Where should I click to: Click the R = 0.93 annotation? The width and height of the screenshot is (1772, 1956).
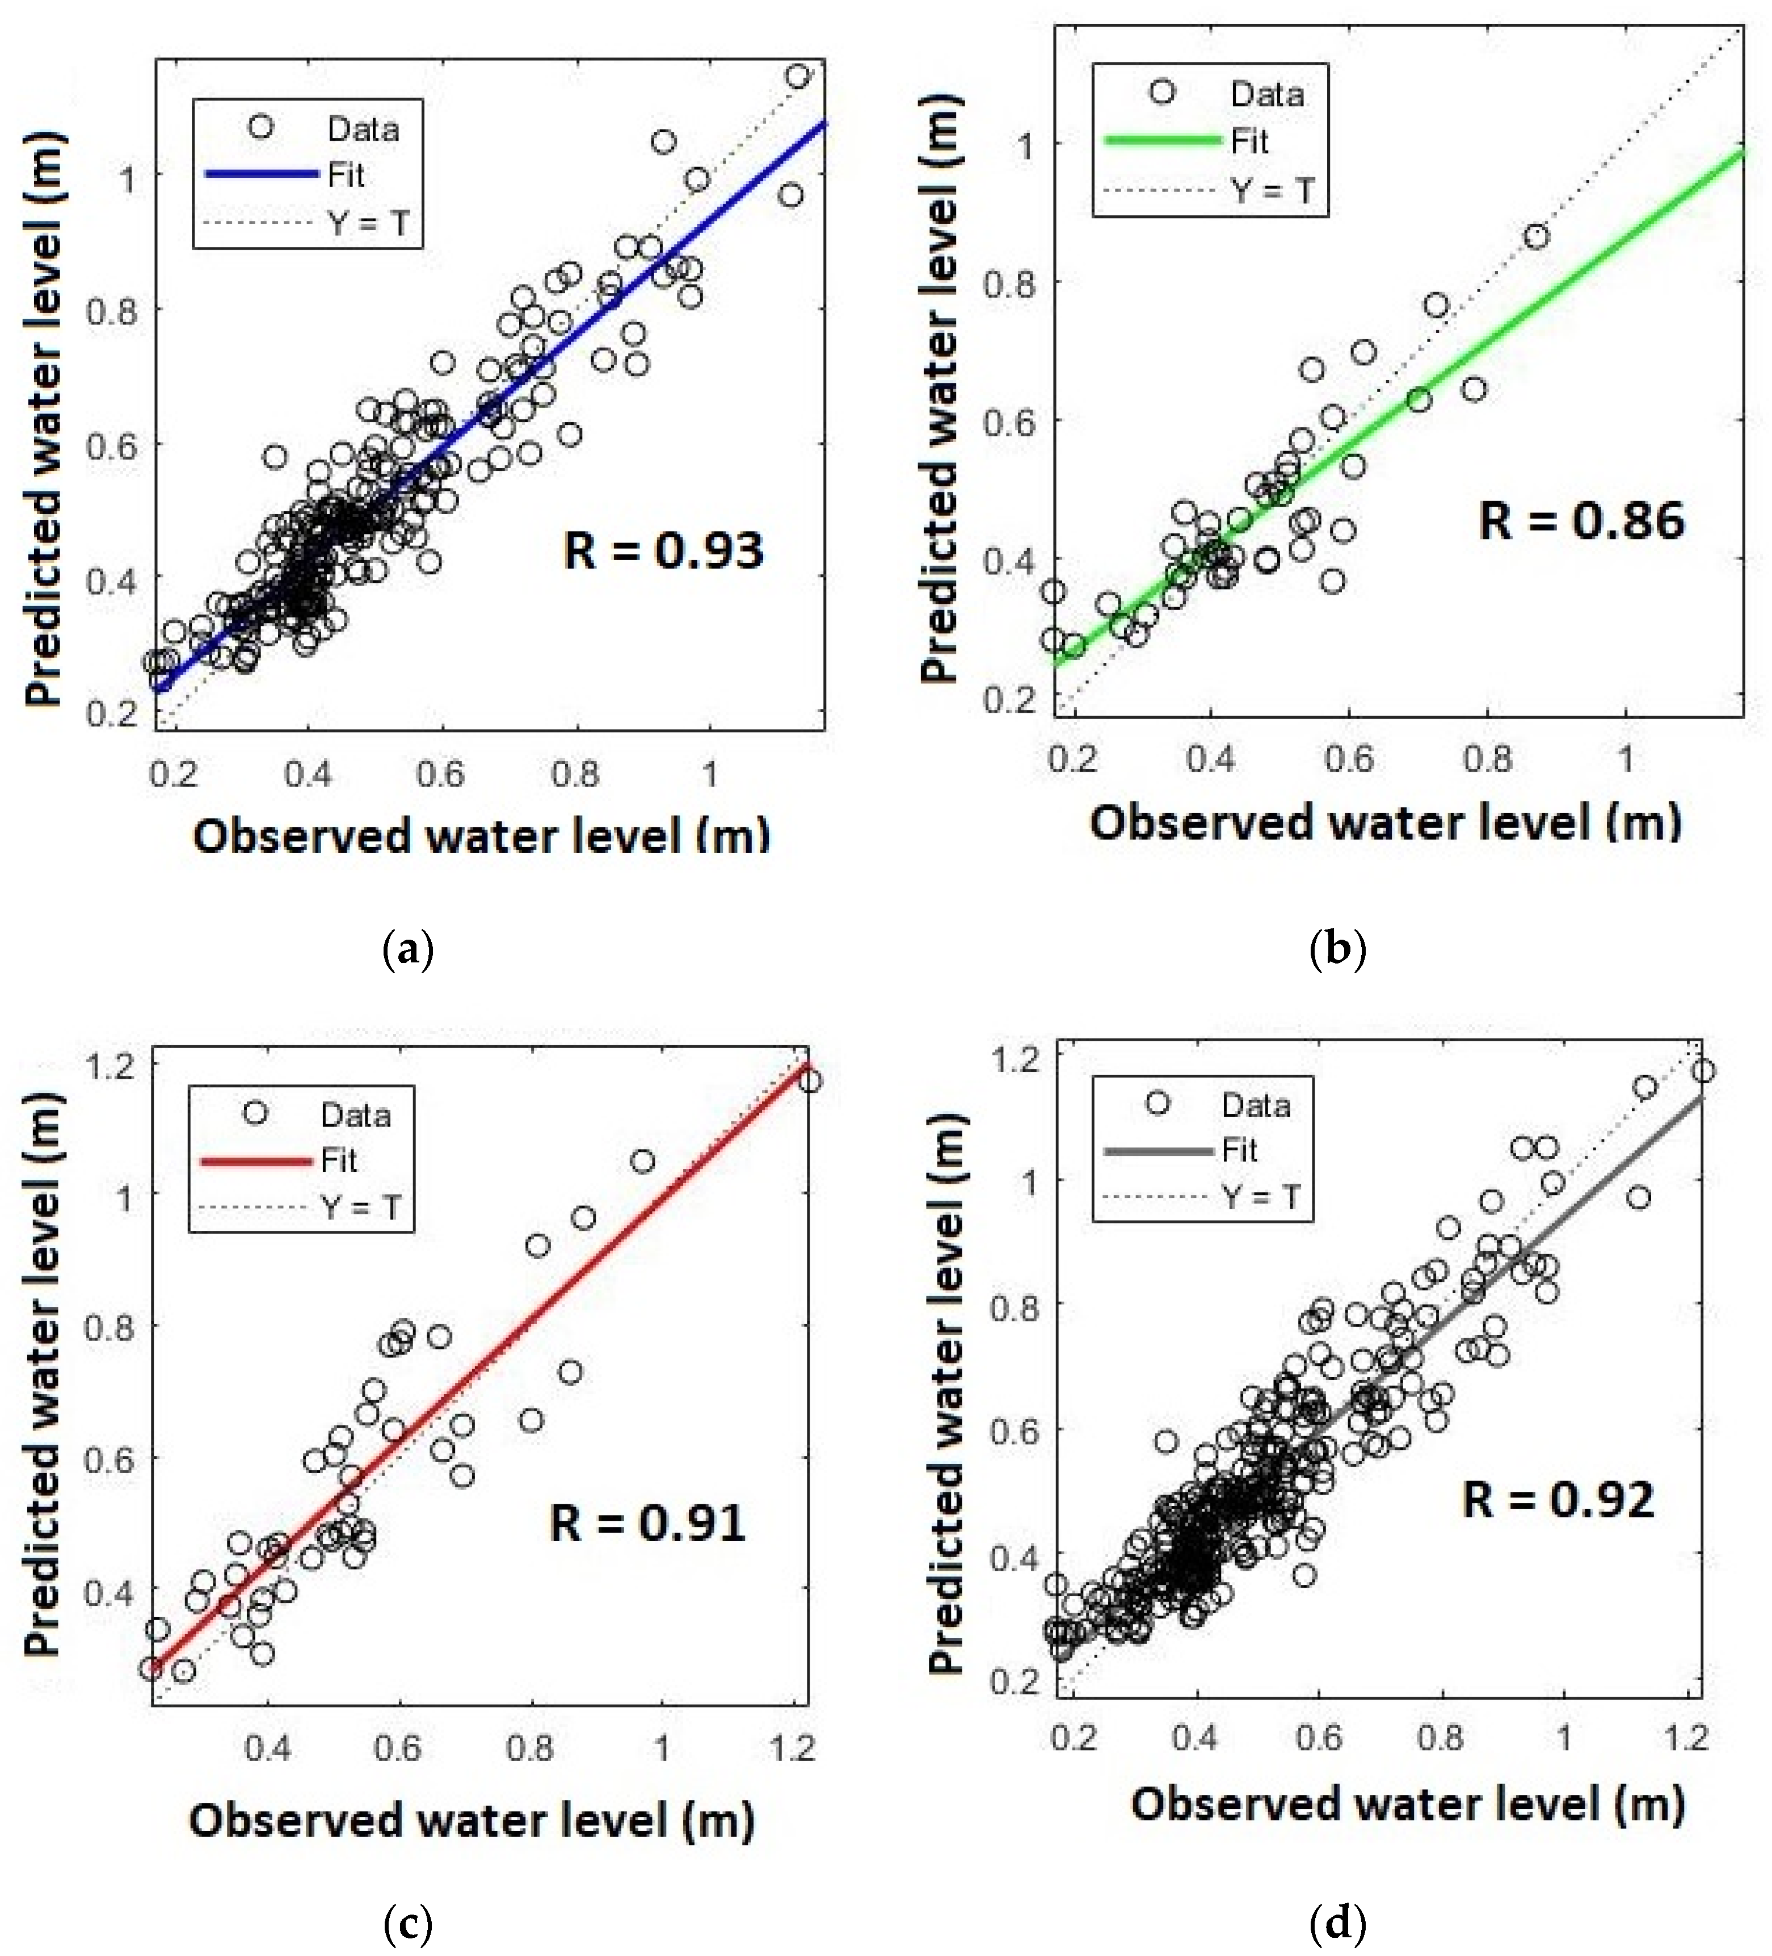pos(663,550)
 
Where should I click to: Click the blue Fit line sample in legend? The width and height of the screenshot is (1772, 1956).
pos(262,175)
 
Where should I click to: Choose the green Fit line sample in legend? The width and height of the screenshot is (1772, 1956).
pos(1162,141)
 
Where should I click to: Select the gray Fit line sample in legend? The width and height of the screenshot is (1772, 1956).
pos(1159,1151)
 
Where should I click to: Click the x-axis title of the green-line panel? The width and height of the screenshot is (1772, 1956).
pos(1385,822)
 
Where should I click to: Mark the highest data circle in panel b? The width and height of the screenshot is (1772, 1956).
pos(1537,235)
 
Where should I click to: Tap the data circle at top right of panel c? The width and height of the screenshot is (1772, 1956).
pos(809,1081)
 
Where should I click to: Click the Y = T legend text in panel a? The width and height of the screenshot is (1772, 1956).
pos(369,223)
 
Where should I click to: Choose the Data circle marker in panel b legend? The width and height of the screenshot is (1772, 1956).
pos(1162,92)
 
